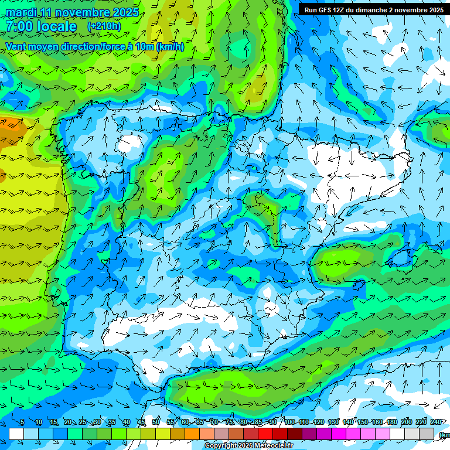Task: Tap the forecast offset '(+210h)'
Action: tap(104, 26)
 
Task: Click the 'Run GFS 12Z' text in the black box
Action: tap(323, 10)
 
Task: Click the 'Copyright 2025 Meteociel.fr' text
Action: tap(248, 446)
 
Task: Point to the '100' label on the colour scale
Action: tap(289, 422)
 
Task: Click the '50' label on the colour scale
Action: tap(156, 422)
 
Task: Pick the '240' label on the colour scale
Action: tap(436, 422)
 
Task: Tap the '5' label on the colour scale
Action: tap(22, 422)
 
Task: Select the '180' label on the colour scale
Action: tap(391, 422)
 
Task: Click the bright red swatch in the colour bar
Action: tap(265, 434)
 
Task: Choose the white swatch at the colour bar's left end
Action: tap(16, 434)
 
